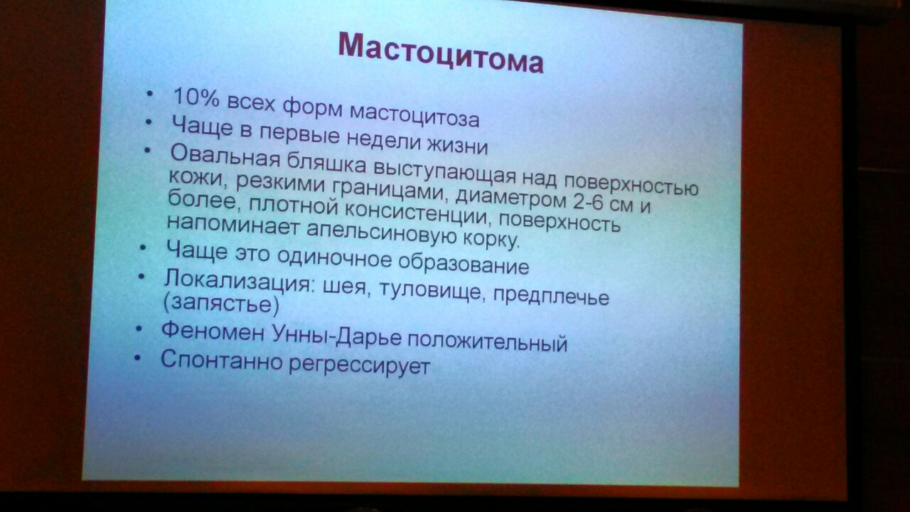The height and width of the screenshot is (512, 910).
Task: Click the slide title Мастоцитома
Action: (441, 53)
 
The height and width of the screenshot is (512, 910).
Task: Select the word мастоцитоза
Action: (414, 115)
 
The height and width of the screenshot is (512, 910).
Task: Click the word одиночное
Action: (334, 257)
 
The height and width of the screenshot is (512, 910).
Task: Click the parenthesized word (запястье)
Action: (221, 304)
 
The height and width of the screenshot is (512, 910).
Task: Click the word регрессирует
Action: (359, 364)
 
